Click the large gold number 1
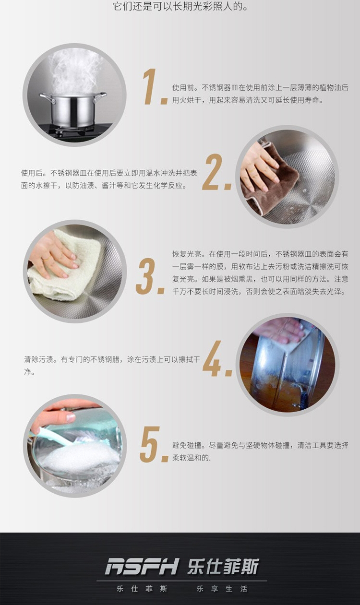coord(150,86)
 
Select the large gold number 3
coord(145,276)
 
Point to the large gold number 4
coord(212,358)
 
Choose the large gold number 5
coord(150,444)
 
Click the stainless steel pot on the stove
coord(73,109)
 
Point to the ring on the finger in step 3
coord(46,259)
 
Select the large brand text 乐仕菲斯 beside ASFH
coord(223,566)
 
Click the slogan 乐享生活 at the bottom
coord(222,589)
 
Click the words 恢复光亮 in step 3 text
coord(187,254)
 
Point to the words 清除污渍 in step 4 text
coord(39,359)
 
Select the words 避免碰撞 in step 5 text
coord(187,445)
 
